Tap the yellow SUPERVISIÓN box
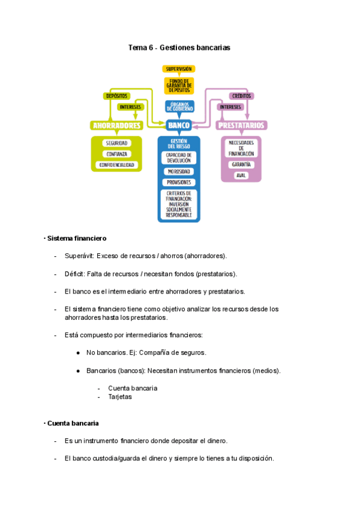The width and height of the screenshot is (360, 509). coord(179,69)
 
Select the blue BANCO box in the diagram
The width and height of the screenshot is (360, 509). coord(179,125)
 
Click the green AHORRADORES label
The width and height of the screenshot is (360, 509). coord(116,125)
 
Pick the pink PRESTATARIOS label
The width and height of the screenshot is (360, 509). coord(241,125)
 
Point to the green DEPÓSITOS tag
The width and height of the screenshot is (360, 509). coord(116,95)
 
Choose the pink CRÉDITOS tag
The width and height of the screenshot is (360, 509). coord(241,95)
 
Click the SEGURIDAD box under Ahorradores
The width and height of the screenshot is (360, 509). coord(116,143)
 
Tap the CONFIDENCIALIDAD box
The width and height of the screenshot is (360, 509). coord(116,164)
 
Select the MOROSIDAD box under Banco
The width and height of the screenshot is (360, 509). coord(179,171)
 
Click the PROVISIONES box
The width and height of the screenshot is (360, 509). coord(179,182)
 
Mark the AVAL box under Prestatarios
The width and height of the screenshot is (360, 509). coord(241,175)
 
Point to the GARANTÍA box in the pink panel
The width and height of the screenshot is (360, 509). coord(241,164)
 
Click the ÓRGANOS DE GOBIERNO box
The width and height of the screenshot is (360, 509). coord(179,106)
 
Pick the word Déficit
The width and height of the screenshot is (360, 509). coord(74,274)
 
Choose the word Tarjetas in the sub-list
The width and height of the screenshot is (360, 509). coord(120,397)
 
